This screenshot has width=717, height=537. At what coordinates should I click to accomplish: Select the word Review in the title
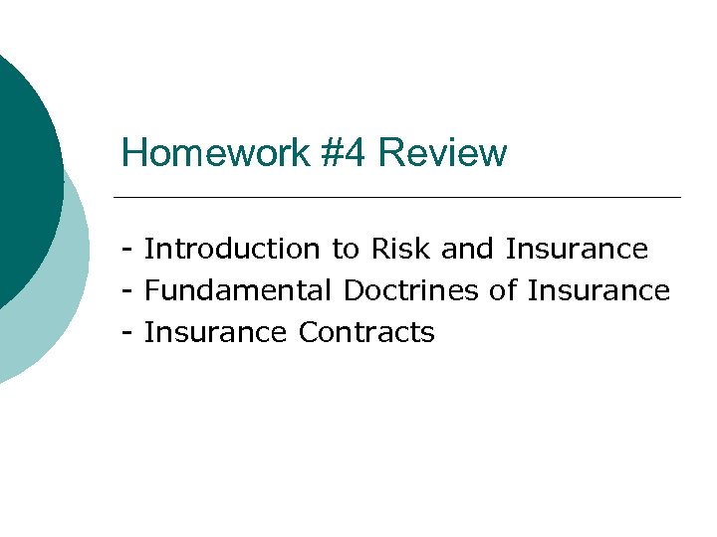pos(443,154)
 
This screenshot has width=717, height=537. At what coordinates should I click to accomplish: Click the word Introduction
pos(232,249)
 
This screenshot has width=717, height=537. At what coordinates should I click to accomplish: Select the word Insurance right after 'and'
pos(577,249)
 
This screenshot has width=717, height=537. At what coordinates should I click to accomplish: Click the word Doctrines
pos(411,290)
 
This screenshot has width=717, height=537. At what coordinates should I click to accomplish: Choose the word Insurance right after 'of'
pos(598,290)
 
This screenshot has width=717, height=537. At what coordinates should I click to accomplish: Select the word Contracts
pos(366,332)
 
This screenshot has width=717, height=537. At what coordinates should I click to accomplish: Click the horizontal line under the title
pos(398,197)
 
